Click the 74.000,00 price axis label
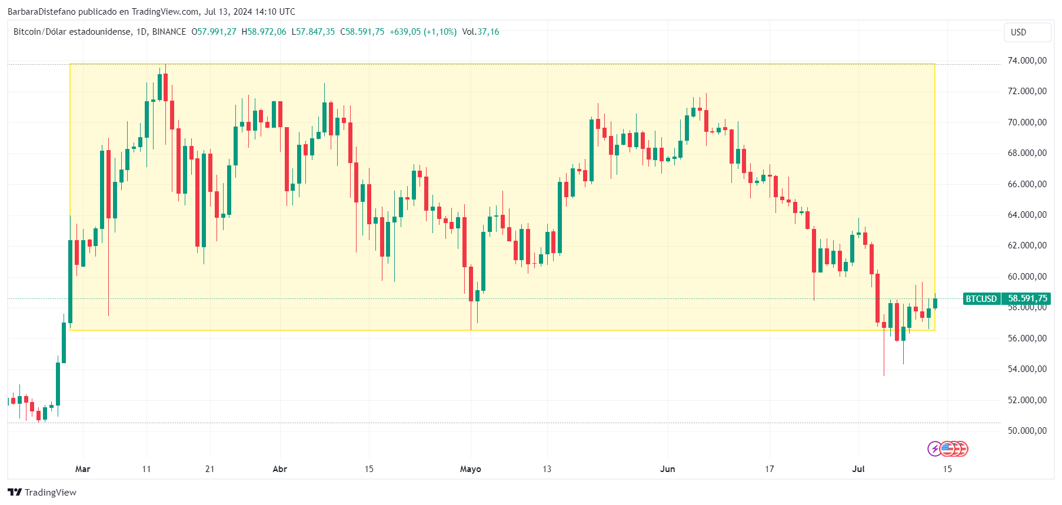click(1027, 61)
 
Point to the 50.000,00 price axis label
click(1027, 431)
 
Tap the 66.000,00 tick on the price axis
click(1027, 184)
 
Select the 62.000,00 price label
click(1027, 245)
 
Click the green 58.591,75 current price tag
click(1027, 298)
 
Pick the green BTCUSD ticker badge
click(981, 298)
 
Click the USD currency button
click(1027, 32)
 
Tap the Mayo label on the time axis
click(470, 469)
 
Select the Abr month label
click(280, 469)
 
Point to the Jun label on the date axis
click(667, 469)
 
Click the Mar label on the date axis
click(83, 469)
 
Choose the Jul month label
click(858, 469)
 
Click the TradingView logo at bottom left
click(42, 492)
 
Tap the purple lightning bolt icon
click(934, 449)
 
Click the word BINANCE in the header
click(169, 32)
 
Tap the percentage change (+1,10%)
click(440, 32)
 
